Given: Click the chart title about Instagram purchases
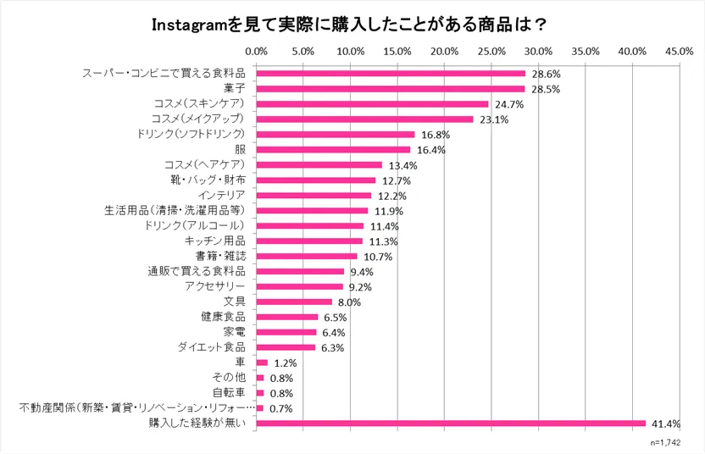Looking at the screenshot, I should tap(352, 22).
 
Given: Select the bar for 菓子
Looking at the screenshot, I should tap(390, 88).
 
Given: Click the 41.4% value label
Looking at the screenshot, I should tap(665, 424).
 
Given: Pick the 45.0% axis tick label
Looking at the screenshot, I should tap(680, 52).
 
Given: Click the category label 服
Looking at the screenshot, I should tap(239, 149).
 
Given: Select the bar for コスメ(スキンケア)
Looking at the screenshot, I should tap(372, 103).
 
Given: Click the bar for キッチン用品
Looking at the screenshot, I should tap(309, 241).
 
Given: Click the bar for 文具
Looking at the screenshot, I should tap(293, 302).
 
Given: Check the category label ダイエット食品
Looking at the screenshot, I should tap(212, 347).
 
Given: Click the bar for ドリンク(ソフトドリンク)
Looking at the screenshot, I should tap(336, 134).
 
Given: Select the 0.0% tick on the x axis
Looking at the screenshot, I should tap(256, 52).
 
